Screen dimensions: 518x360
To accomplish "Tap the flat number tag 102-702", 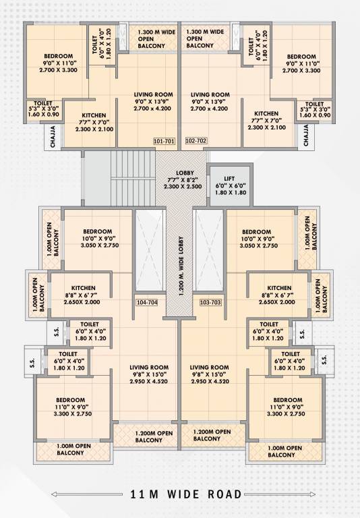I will click(196, 141).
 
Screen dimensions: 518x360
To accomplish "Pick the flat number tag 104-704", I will click(147, 302).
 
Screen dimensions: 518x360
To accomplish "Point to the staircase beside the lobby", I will click(131, 175).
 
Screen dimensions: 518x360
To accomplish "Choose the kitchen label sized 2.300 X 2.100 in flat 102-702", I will click(266, 121).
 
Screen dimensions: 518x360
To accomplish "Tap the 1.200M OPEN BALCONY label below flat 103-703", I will click(212, 435).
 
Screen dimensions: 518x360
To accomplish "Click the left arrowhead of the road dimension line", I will click(54, 494).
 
